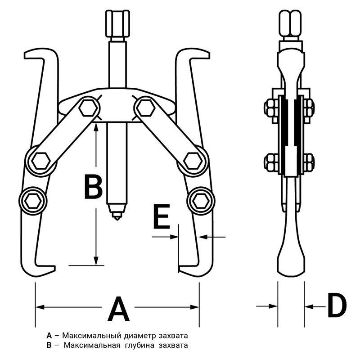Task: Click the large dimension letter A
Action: (x=118, y=309)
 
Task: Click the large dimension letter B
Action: (x=94, y=187)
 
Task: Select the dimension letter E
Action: (x=162, y=217)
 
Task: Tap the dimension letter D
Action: (x=337, y=306)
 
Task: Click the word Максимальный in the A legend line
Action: (x=92, y=336)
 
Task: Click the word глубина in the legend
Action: (x=139, y=346)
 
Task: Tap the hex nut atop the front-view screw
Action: (x=117, y=23)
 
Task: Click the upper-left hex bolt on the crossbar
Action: (x=88, y=108)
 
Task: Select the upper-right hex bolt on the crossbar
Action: (x=146, y=108)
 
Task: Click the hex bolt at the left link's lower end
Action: (x=41, y=161)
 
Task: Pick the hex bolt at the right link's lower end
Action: (x=193, y=161)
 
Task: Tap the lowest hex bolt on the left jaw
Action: (x=33, y=201)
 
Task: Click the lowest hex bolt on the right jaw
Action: (x=201, y=201)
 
